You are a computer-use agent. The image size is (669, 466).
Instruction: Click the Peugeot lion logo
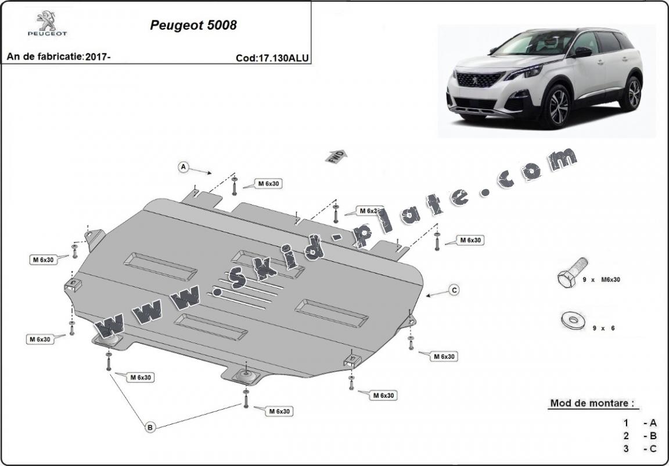click(47, 22)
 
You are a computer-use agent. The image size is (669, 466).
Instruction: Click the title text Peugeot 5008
click(193, 26)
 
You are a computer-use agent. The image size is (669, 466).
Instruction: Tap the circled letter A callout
click(184, 167)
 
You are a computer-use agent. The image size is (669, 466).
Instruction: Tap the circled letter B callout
click(150, 428)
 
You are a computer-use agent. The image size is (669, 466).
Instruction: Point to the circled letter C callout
click(454, 290)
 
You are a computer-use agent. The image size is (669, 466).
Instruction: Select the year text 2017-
click(98, 57)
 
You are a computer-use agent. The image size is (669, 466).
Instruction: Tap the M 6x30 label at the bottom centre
click(279, 411)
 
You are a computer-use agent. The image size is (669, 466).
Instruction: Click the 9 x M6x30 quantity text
click(602, 280)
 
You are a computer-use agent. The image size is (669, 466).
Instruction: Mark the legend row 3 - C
click(639, 449)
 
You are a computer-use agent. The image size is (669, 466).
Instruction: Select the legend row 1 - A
click(639, 423)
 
